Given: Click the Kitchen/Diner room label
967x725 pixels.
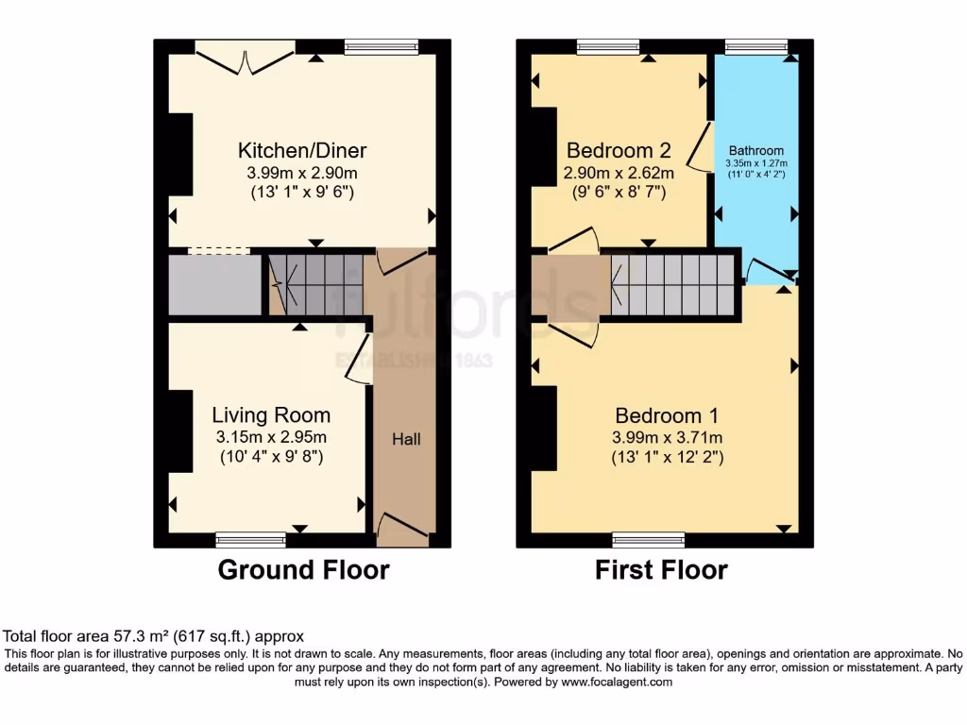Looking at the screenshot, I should coord(301,150).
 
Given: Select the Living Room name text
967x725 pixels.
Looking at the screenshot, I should coord(271,415).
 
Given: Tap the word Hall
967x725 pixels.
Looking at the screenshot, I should coord(407,439).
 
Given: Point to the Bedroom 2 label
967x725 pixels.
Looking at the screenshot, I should coord(619,150).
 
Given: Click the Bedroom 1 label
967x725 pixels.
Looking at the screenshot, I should coord(668,415).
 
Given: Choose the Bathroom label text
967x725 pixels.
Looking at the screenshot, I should coord(755,150).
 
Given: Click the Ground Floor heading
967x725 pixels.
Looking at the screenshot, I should coord(303,570).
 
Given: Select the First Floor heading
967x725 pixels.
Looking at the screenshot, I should coord(661,570).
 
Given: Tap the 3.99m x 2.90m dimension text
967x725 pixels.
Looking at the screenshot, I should coord(302,173).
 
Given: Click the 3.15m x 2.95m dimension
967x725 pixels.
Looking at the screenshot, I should coord(270,437).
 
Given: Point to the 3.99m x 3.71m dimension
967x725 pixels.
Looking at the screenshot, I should coord(668,437).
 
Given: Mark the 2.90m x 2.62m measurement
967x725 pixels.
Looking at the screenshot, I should coord(619,173).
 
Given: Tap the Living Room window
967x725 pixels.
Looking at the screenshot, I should coord(250,540).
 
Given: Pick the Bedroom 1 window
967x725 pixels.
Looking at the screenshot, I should coord(648,540).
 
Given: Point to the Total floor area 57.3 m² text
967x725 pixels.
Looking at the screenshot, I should coord(154,637).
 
